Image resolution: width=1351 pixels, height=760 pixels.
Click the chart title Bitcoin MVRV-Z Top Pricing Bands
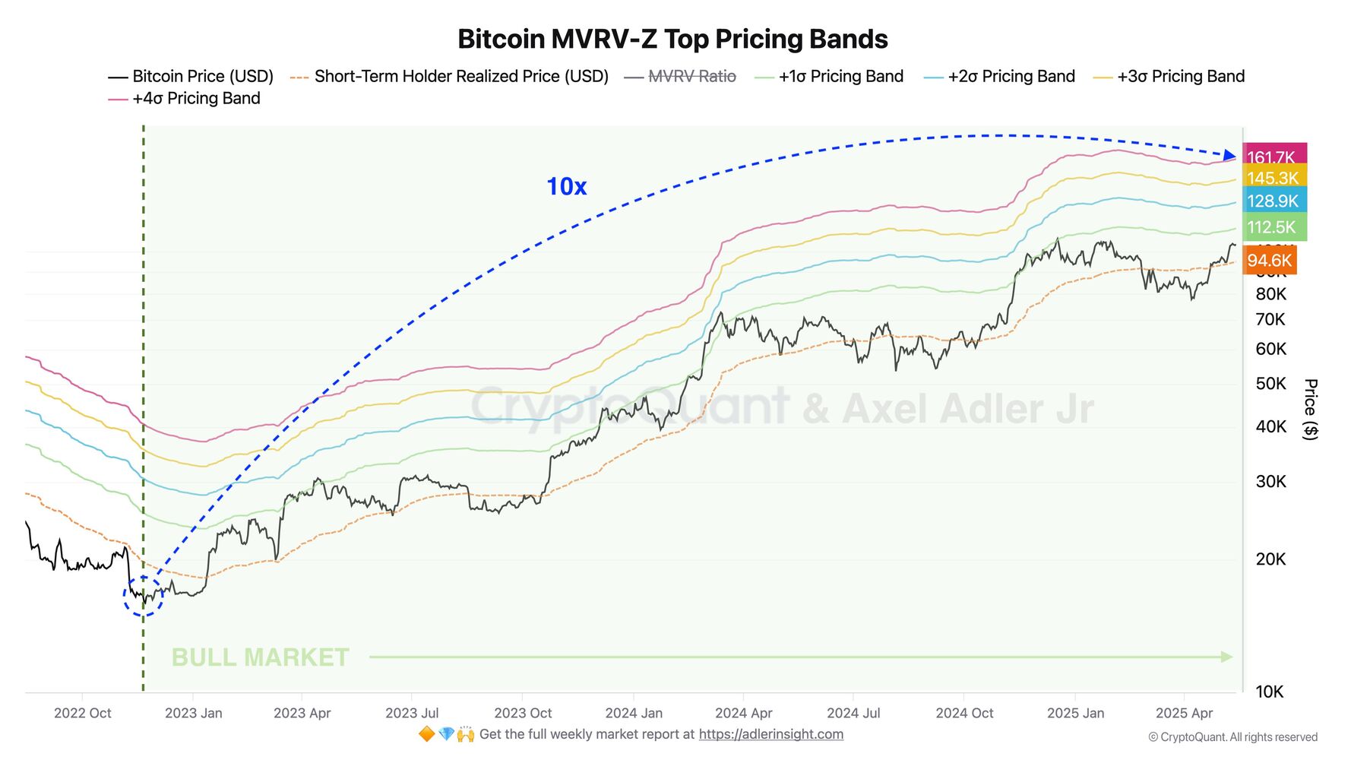[672, 39]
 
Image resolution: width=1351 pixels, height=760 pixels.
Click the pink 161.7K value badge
[1273, 156]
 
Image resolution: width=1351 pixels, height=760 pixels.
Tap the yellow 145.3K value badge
[1273, 178]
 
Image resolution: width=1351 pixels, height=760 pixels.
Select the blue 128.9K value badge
[1273, 201]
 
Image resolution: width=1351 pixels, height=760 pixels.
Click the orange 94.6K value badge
[1269, 261]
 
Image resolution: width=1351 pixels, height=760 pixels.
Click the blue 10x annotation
[566, 186]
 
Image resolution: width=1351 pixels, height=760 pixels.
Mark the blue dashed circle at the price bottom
[144, 596]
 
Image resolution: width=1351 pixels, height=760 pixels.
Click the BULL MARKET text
[260, 657]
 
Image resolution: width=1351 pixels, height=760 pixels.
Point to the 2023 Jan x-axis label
[193, 713]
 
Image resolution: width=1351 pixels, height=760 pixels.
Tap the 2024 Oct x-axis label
[964, 713]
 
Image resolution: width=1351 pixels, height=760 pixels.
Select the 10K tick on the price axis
[1270, 692]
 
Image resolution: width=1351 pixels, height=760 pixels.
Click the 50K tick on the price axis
[1270, 383]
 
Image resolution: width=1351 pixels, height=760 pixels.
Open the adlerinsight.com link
[770, 734]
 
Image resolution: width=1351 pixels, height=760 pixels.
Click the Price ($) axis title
[1310, 409]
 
